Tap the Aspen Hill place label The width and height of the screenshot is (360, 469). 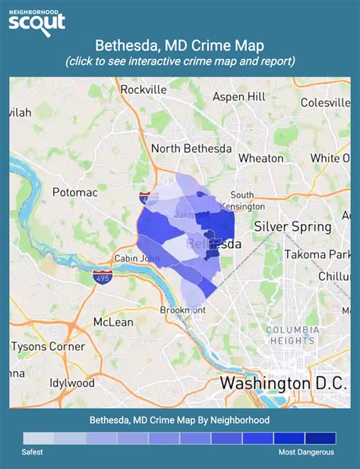click(x=240, y=97)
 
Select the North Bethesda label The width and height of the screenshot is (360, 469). click(x=191, y=149)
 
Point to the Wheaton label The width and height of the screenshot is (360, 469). click(x=261, y=159)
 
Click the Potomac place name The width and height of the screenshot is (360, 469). click(x=75, y=193)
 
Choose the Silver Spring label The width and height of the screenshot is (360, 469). click(x=292, y=226)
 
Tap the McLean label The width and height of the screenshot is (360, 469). click(x=114, y=322)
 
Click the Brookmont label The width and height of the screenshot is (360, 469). click(x=182, y=310)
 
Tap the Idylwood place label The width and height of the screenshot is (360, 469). click(x=72, y=382)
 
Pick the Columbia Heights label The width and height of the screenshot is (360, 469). click(x=290, y=335)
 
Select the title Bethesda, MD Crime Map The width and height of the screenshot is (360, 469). click(x=180, y=46)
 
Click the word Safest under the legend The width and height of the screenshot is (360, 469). click(x=32, y=453)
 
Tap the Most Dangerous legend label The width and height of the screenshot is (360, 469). click(x=306, y=453)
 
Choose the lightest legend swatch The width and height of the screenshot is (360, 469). click(x=39, y=439)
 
